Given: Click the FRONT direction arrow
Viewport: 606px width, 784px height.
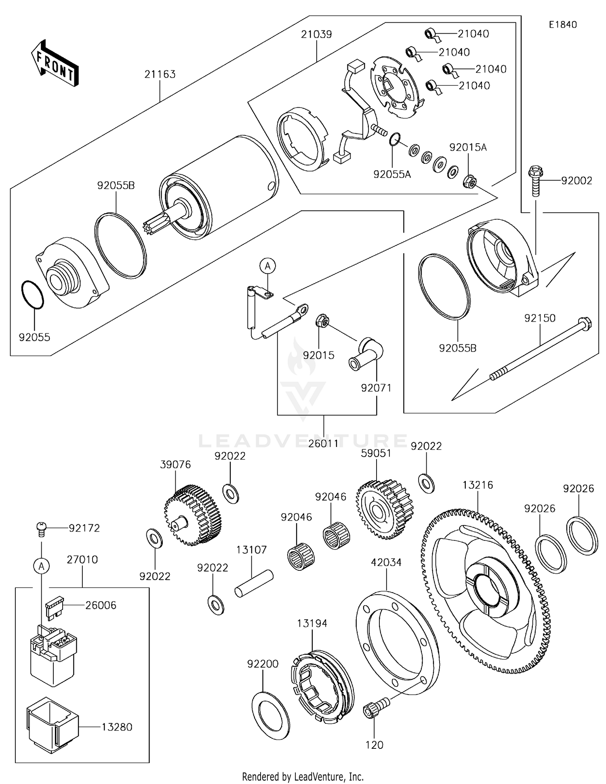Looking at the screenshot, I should point(55,64).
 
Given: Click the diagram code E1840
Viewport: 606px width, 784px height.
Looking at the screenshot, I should point(562,25).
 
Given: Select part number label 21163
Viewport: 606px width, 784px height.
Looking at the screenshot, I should point(160,74).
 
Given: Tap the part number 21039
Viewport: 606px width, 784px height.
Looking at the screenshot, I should point(316,34).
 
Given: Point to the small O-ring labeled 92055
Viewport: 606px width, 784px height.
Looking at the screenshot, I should point(32,295).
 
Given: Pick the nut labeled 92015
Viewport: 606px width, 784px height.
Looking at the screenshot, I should point(321,321).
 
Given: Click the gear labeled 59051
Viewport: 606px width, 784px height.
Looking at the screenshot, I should point(384,509).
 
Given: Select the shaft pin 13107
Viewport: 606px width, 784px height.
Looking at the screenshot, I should point(254,583).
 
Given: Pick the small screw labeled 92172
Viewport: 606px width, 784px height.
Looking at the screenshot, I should point(41,528).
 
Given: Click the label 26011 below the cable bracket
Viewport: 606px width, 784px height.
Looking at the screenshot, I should point(324,443).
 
